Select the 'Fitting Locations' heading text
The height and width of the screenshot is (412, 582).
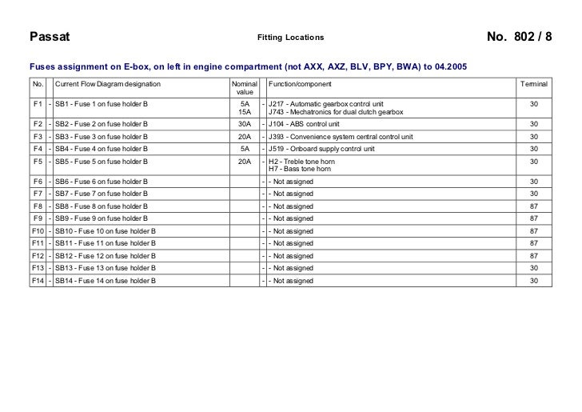291,38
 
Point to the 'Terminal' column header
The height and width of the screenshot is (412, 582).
533,84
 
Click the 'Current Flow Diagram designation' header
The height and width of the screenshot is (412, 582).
108,84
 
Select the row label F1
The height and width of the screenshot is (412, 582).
38,104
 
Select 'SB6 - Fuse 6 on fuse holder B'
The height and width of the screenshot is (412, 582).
102,182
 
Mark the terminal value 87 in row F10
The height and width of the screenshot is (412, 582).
533,230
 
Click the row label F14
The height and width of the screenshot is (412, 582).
38,281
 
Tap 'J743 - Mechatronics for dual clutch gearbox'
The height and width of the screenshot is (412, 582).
337,113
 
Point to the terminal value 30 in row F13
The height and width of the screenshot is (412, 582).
533,268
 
